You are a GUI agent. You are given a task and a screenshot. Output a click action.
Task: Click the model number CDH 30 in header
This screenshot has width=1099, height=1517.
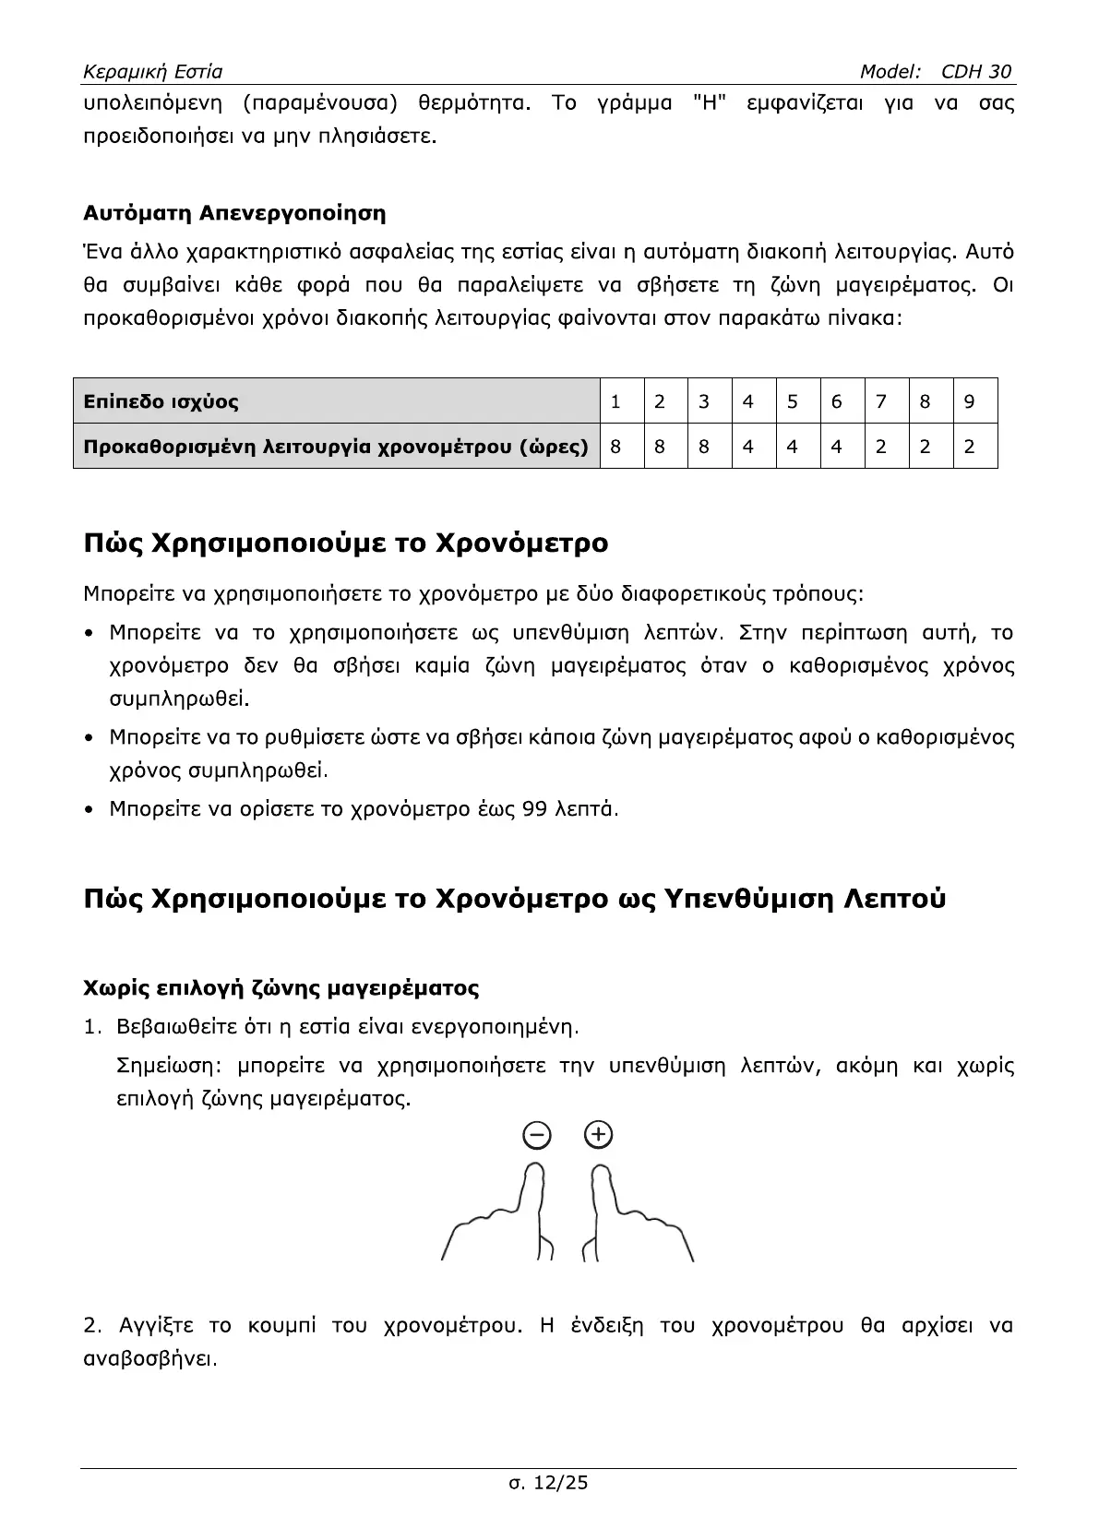[x=976, y=72]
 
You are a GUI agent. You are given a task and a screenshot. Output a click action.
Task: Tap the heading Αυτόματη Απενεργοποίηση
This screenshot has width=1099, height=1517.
[x=234, y=213]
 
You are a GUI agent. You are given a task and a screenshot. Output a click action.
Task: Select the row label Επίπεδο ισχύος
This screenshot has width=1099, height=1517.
[x=161, y=401]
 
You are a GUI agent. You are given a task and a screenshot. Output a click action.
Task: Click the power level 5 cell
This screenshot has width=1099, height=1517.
[x=793, y=401]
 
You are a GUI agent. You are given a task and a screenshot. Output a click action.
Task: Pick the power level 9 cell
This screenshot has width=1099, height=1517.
[x=969, y=401]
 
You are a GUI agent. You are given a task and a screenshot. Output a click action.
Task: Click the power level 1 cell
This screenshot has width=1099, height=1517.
[x=615, y=401]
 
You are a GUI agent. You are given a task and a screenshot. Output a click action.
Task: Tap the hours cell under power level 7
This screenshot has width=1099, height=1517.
[x=881, y=447]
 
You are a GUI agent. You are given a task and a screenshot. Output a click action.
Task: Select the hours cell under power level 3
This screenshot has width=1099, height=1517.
[x=704, y=447]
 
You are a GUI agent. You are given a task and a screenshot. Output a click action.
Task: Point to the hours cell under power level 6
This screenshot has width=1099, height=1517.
[x=837, y=447]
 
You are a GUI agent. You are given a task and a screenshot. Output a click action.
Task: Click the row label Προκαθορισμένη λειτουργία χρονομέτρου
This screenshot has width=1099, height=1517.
[x=336, y=447]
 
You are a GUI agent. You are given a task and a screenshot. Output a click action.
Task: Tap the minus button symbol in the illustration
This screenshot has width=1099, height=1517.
[x=537, y=1135]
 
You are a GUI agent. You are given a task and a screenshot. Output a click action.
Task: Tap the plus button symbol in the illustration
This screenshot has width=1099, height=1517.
[x=599, y=1134]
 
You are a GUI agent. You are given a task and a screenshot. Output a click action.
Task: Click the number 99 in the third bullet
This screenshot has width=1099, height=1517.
[x=534, y=809]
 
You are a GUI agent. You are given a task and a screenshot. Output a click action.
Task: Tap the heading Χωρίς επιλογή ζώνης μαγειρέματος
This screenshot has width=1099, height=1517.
[x=281, y=988]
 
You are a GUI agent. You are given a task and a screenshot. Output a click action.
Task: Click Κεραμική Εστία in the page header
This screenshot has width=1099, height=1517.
[x=152, y=72]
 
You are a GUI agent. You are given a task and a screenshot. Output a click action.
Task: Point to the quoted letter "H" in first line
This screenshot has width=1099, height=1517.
[x=710, y=102]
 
